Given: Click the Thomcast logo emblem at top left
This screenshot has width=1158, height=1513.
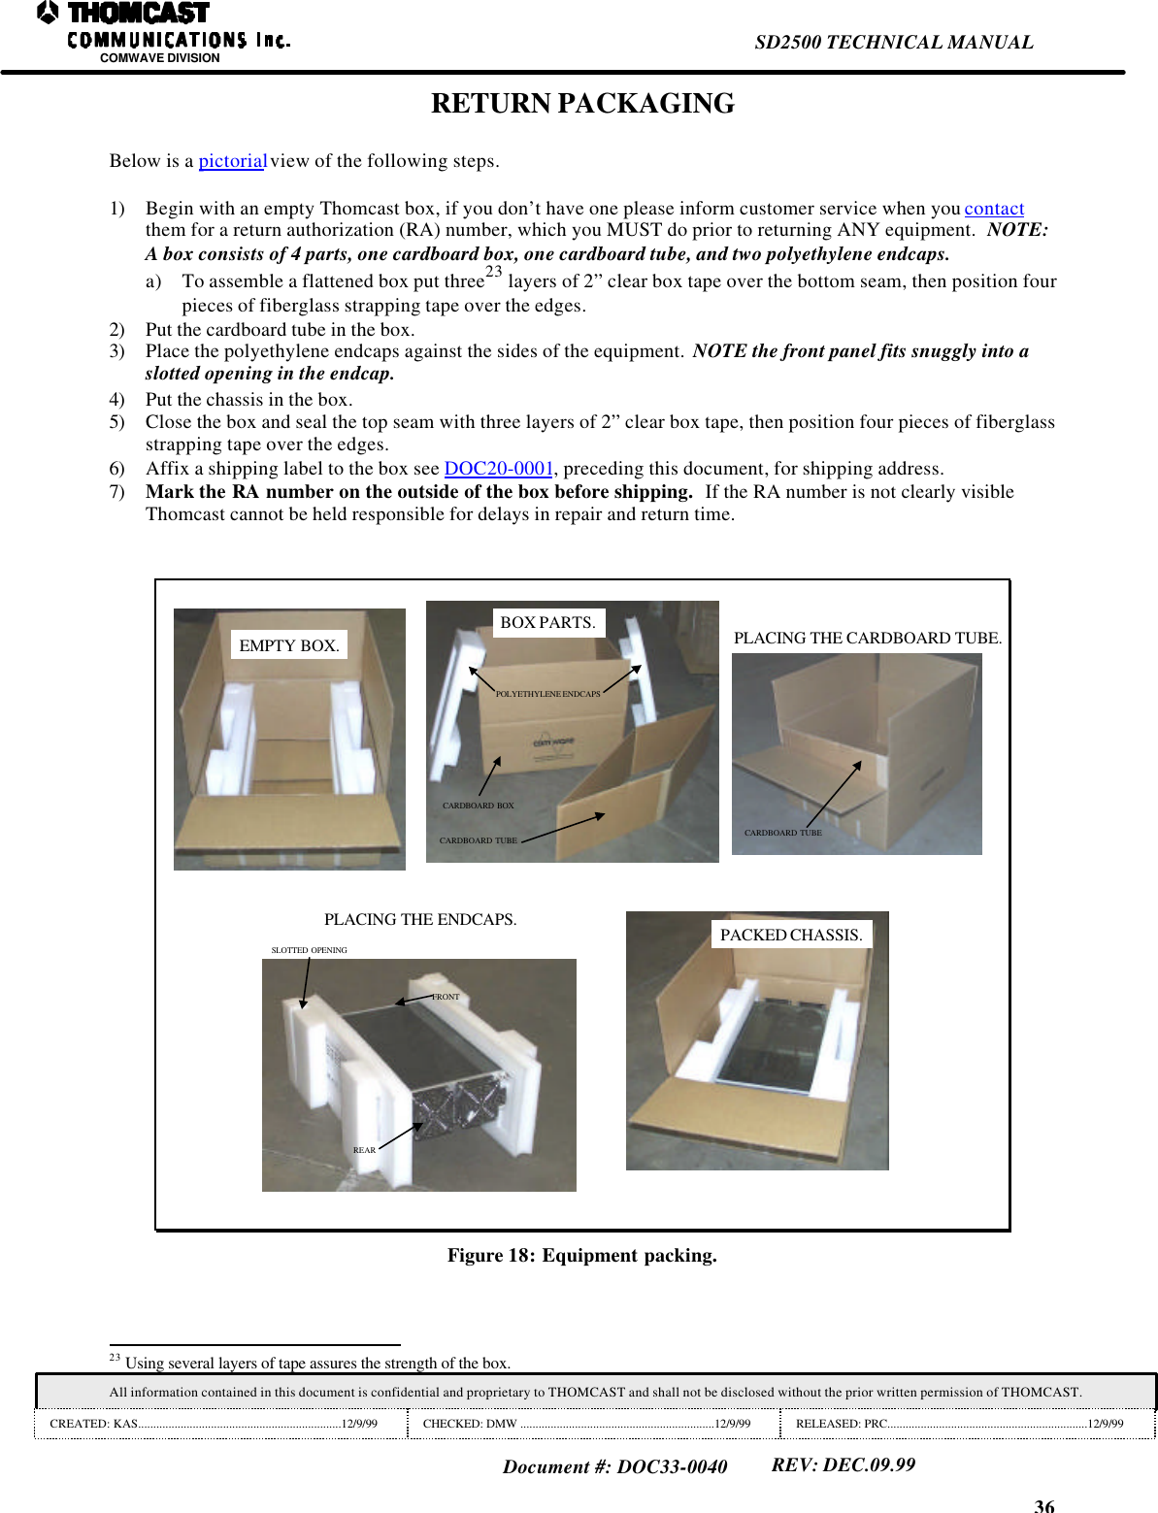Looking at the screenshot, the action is [48, 13].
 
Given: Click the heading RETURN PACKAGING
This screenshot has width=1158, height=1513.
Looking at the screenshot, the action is [582, 103].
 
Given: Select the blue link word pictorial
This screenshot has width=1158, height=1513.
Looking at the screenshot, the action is [232, 161].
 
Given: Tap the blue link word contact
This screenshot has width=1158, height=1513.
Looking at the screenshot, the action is [994, 209].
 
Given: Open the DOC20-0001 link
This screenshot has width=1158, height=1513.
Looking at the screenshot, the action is [498, 469].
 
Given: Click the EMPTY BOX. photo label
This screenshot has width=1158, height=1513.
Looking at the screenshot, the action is [288, 645].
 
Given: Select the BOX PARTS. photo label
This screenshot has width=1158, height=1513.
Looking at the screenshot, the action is [547, 622].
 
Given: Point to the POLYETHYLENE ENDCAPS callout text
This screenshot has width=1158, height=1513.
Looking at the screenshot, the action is [547, 694].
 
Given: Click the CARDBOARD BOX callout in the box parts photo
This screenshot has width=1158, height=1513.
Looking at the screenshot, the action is [478, 806].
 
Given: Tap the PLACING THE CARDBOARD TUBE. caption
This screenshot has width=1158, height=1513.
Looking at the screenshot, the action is [867, 638].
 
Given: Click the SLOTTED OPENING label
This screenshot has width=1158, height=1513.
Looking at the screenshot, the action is [309, 950].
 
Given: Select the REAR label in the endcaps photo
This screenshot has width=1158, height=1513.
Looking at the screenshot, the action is [364, 1150].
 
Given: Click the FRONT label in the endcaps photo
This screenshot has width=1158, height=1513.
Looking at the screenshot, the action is [447, 997].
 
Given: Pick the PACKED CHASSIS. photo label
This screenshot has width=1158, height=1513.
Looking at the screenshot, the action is [790, 935].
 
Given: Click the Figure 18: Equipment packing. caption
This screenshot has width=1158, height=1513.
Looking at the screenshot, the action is [581, 1255].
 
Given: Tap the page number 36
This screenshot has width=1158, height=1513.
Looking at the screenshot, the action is [1043, 1505].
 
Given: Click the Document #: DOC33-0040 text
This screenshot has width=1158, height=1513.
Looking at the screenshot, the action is [614, 1466].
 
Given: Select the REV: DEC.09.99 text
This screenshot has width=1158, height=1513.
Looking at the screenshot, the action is [843, 1464].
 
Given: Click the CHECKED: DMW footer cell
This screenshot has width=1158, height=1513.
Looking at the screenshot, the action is [586, 1424].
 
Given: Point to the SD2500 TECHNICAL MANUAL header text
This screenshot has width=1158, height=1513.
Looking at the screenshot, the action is [893, 42].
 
